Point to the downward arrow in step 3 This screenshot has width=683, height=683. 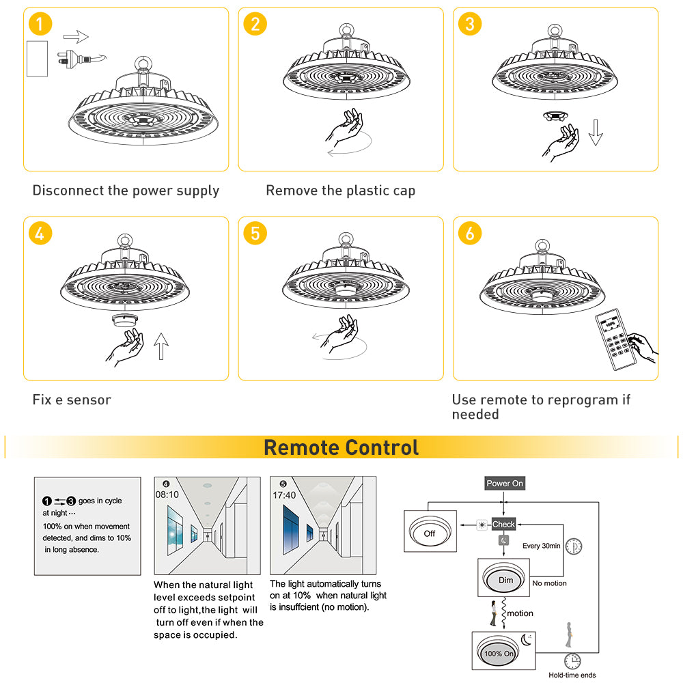point(596,131)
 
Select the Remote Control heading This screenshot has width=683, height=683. point(341,448)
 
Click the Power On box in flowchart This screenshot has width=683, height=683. point(505,484)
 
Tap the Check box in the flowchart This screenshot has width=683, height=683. point(503,525)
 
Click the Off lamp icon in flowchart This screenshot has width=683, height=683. point(429,532)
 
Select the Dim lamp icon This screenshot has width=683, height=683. point(505,579)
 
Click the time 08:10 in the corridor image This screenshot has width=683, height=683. point(167,494)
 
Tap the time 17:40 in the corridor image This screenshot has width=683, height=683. point(284,494)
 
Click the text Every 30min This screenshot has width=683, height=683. point(542,546)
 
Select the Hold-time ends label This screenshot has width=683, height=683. point(572,675)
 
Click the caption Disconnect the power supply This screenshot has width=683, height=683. point(126,191)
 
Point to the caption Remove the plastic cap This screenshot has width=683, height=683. point(340,191)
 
